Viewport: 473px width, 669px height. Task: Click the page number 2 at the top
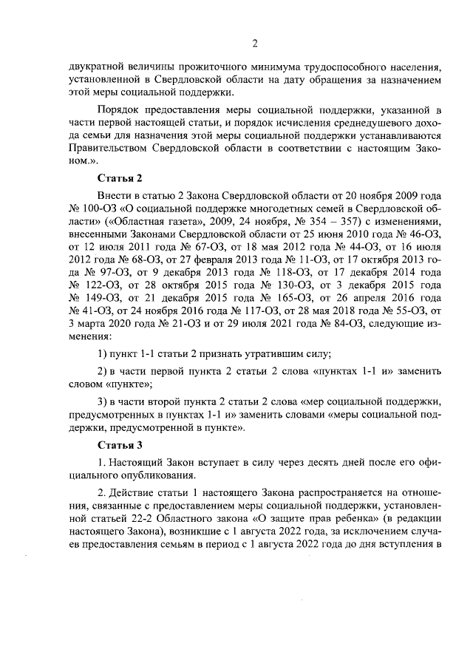[x=254, y=41]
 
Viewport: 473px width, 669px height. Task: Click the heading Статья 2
[x=120, y=179]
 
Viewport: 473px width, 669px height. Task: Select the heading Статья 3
[x=120, y=445]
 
